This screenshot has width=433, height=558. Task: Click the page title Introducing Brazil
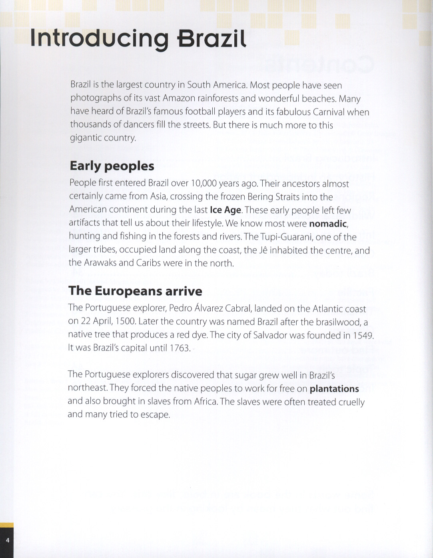point(138,38)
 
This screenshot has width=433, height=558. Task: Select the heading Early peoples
point(112,166)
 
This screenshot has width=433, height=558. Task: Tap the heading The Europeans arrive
point(135,291)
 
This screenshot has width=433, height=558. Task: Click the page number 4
point(7,540)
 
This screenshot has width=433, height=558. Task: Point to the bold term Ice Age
point(225,210)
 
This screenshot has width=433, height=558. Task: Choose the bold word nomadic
point(328,224)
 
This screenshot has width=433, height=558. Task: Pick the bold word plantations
point(334,389)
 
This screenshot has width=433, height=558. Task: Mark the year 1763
point(180,348)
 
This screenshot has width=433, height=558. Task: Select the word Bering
point(260,197)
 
